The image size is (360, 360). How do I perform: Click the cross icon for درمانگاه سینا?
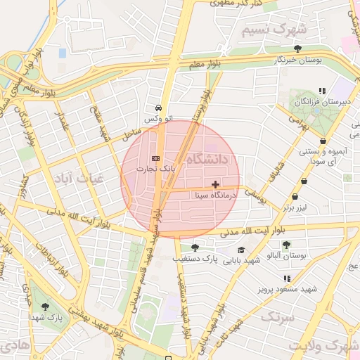coord(215,184)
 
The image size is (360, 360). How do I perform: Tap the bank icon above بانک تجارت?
coord(155,158)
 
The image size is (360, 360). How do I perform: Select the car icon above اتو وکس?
coord(159,109)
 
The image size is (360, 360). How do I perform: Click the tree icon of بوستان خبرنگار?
coord(298,49)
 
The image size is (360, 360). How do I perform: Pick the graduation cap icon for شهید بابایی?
coord(241,250)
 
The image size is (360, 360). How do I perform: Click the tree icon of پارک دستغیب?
coord(195,247)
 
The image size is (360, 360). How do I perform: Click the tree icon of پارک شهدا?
coord(46,307)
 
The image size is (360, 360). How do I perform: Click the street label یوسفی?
coord(260,200)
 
